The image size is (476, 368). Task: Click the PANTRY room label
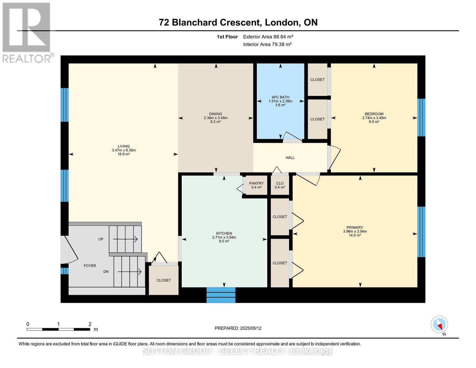tap(256, 183)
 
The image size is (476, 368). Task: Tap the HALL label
tap(290, 158)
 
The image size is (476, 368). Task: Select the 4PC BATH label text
tap(280, 97)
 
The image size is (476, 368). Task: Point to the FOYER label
tap(90, 266)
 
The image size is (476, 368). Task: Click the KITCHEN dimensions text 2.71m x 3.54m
tap(224, 237)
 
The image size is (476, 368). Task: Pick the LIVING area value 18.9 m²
tap(124, 154)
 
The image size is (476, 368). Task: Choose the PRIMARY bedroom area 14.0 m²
tap(355, 235)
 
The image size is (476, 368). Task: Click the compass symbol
tap(439, 324)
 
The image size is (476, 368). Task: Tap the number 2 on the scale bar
tap(90, 324)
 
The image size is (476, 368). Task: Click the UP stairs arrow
tap(125, 239)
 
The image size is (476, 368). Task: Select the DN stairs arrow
tap(129, 272)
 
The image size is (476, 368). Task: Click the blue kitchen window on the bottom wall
tap(221, 295)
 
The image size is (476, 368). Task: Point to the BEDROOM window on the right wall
tap(421, 117)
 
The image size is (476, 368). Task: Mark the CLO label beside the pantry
tap(280, 183)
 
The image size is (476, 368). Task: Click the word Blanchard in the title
tap(194, 22)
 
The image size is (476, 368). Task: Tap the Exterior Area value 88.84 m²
tap(280, 36)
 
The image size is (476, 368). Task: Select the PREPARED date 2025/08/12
tap(251, 328)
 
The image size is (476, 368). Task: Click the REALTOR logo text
tap(26, 59)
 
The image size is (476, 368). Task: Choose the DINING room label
tap(215, 114)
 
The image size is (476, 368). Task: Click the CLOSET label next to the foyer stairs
tap(163, 280)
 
